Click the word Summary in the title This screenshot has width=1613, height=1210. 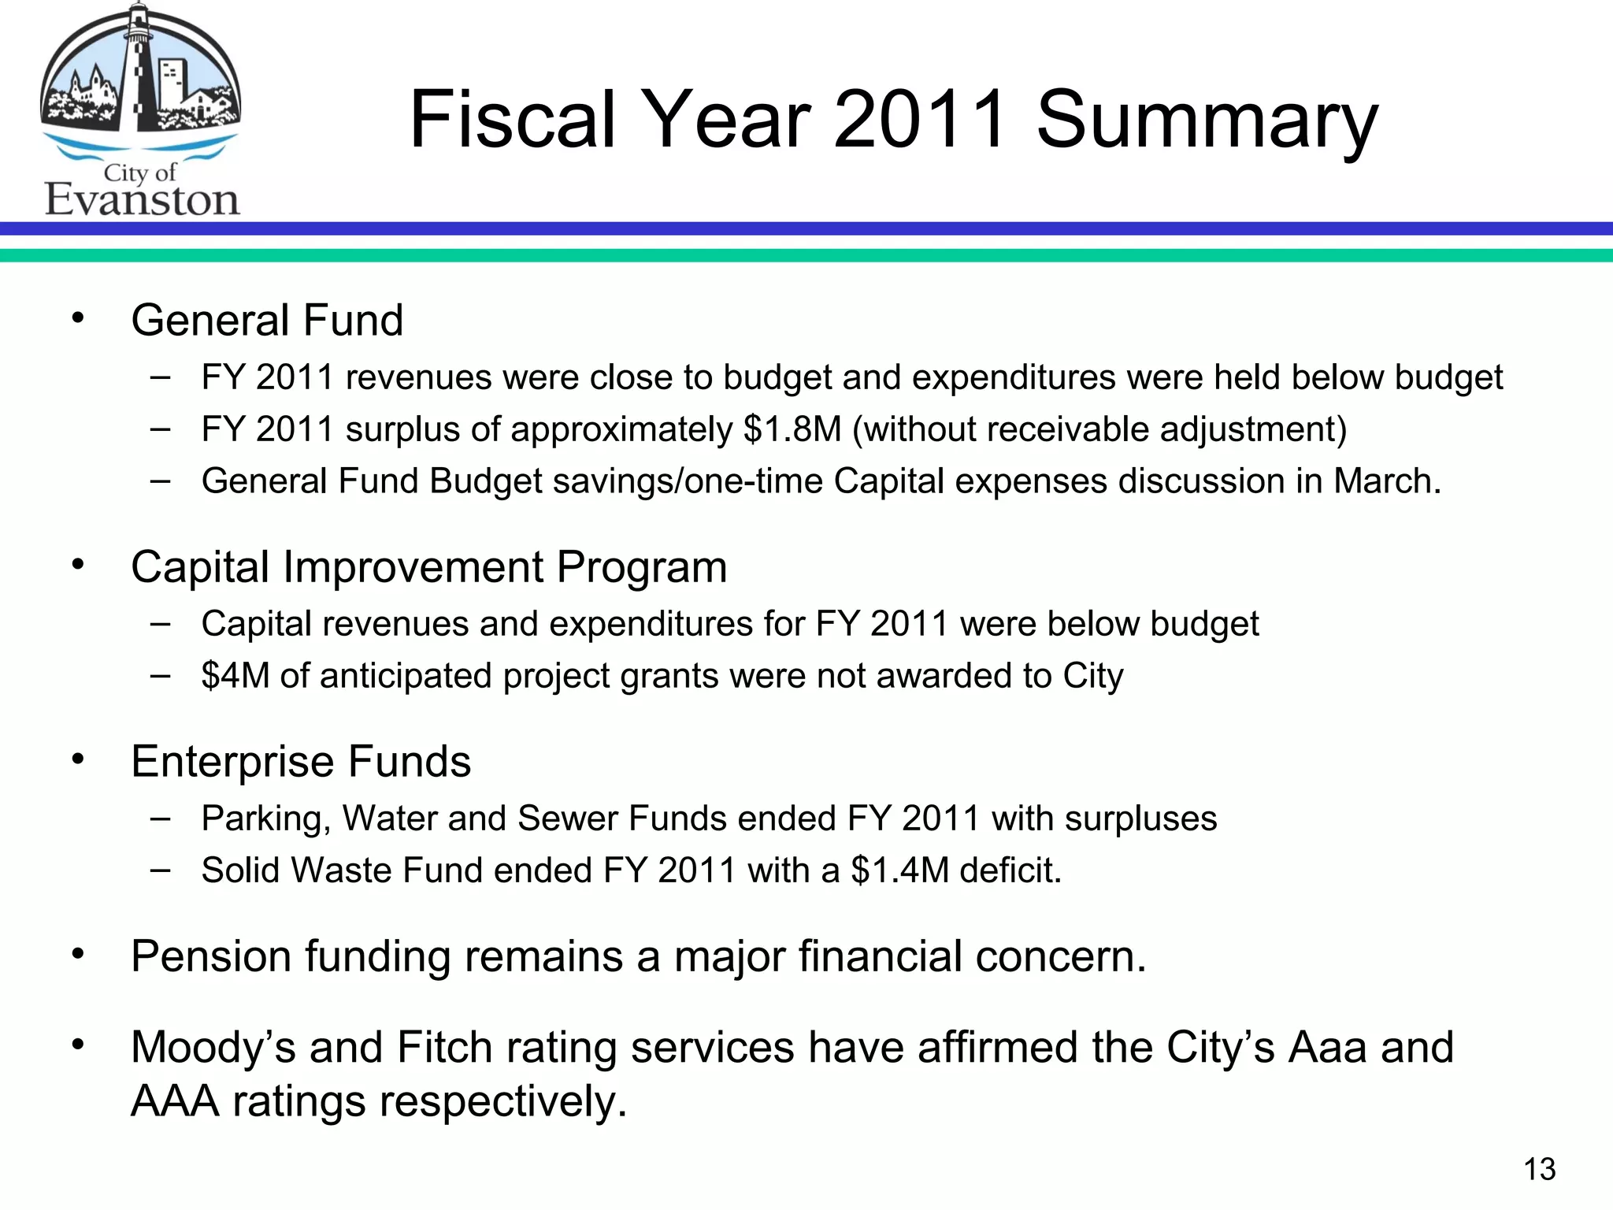[x=1207, y=122]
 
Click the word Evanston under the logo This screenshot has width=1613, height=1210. [x=142, y=199]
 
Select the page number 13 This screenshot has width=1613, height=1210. [x=1540, y=1170]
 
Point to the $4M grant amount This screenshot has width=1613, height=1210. [x=235, y=676]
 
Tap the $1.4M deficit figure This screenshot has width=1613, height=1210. [x=900, y=870]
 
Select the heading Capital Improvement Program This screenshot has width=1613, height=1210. [x=428, y=567]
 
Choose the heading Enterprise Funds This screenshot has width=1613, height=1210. [x=301, y=762]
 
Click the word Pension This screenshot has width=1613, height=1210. [x=211, y=956]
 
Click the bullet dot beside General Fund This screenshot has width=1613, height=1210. [x=77, y=318]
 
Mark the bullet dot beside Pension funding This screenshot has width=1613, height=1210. [x=77, y=954]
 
